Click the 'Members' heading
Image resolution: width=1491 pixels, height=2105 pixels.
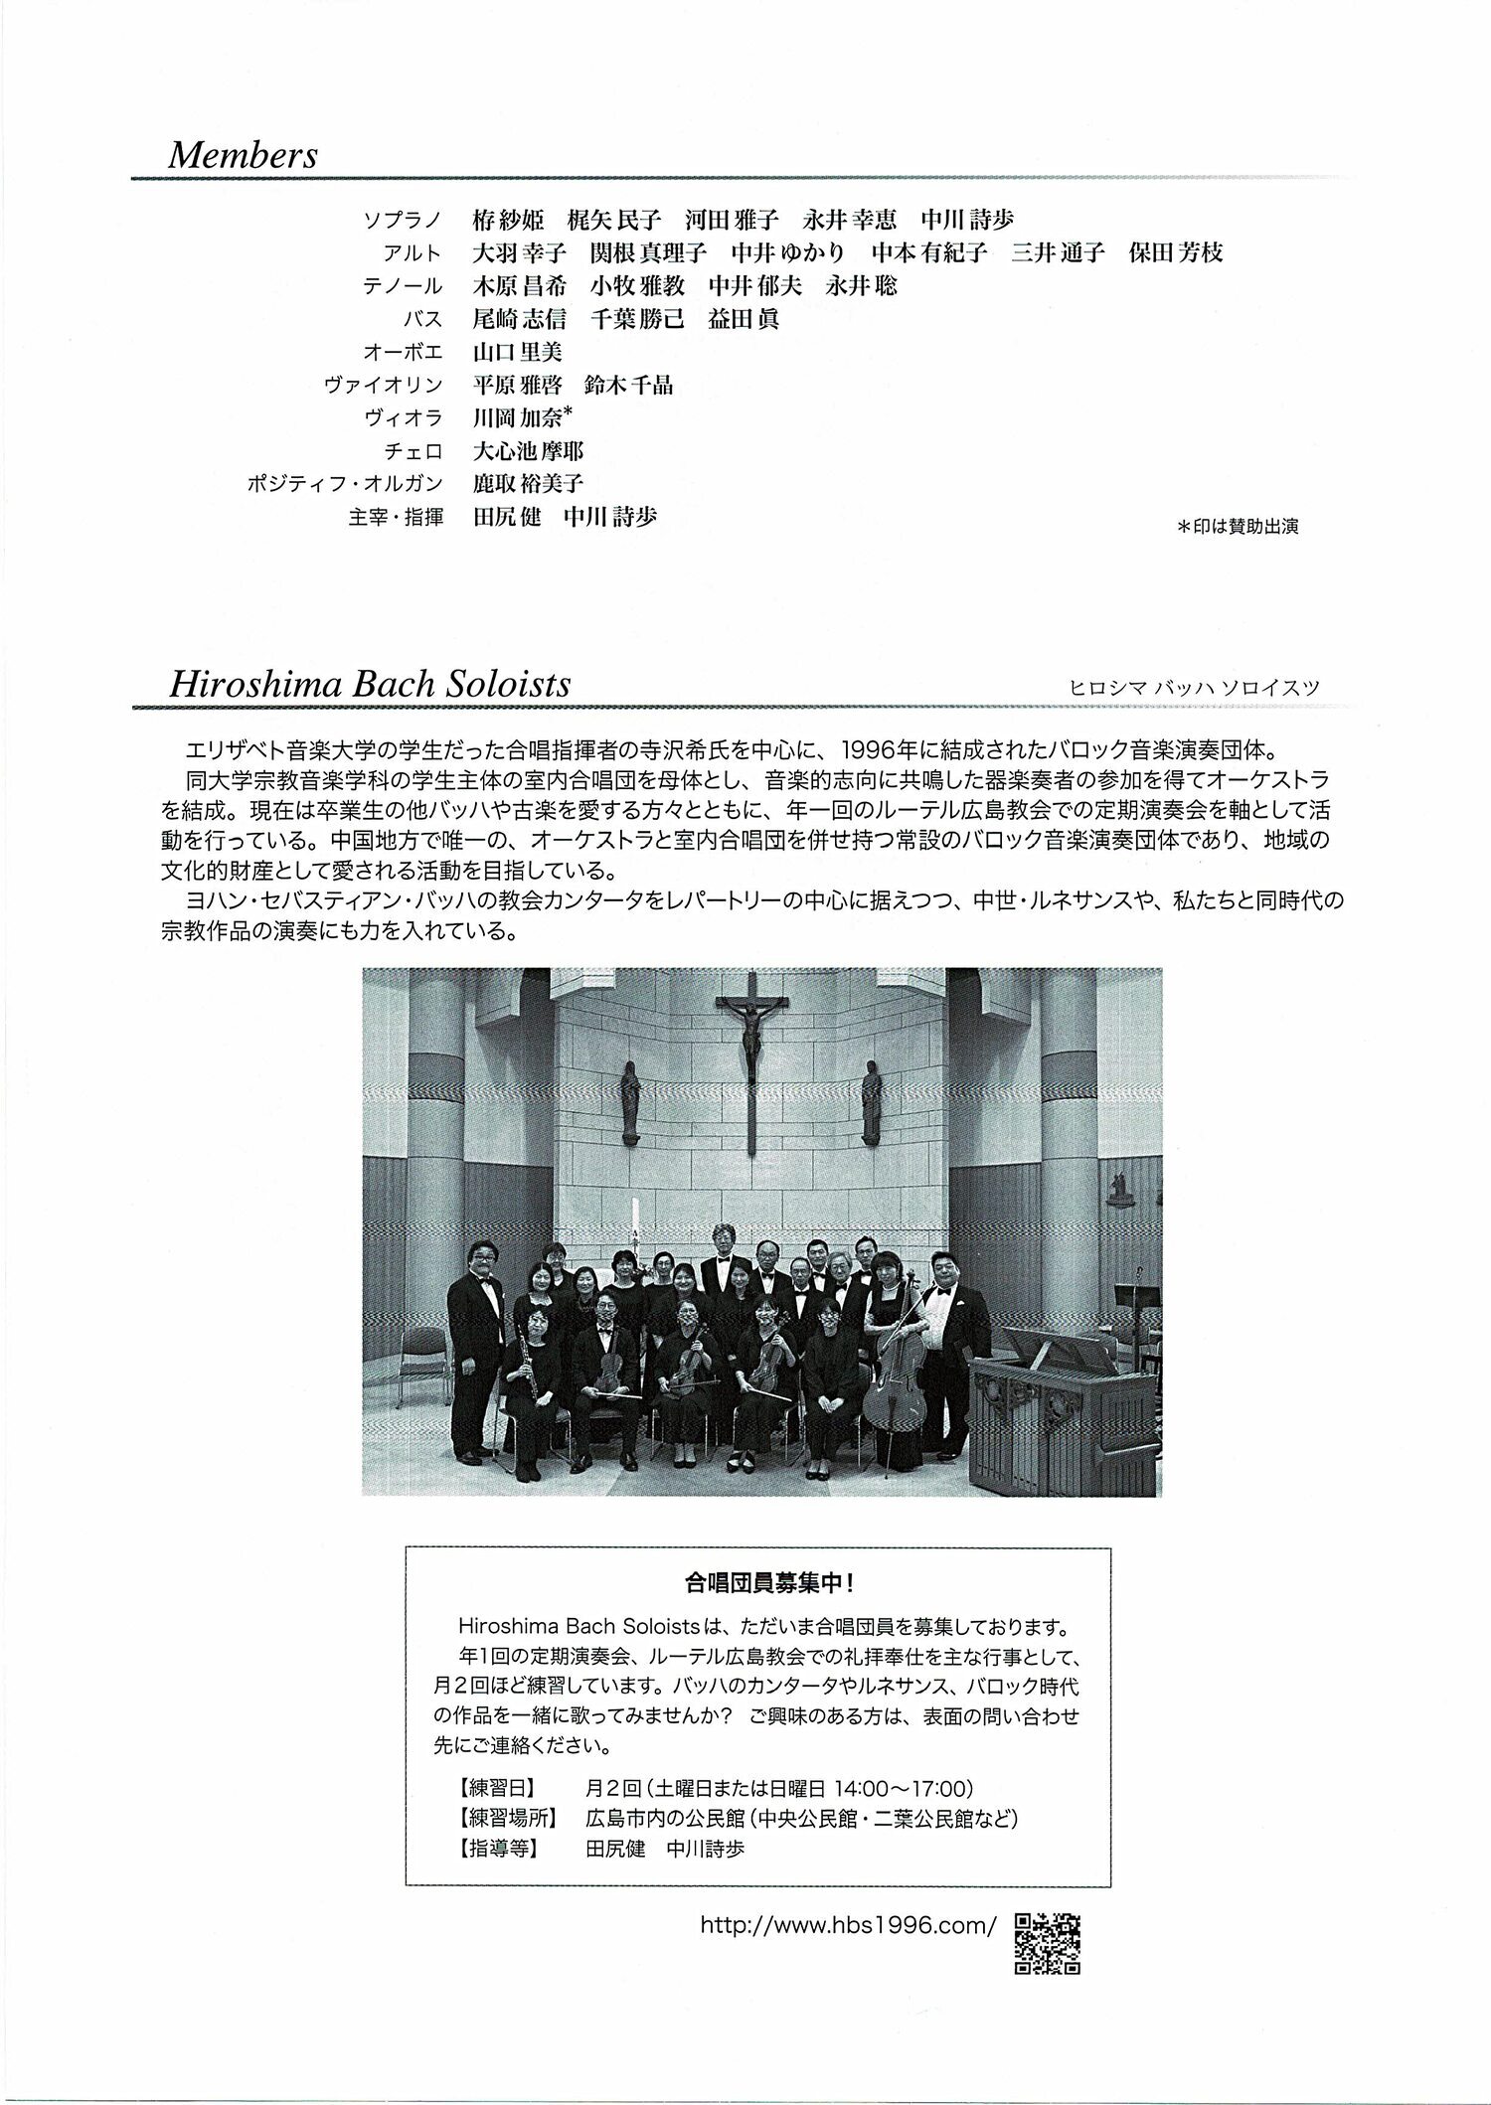point(244,155)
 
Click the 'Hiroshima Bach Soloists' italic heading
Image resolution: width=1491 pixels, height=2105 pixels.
point(370,684)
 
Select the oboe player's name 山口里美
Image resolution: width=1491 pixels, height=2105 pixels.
point(519,352)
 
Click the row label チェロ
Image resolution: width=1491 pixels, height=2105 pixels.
point(414,451)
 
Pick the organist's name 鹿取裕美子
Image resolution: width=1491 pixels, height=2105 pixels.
point(529,484)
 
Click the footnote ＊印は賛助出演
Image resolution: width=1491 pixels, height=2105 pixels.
point(1238,527)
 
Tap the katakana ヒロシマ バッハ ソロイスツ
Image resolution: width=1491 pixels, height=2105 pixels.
point(1194,687)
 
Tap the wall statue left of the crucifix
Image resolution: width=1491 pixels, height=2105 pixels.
point(631,1100)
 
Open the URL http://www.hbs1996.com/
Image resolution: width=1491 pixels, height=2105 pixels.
point(848,1925)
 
